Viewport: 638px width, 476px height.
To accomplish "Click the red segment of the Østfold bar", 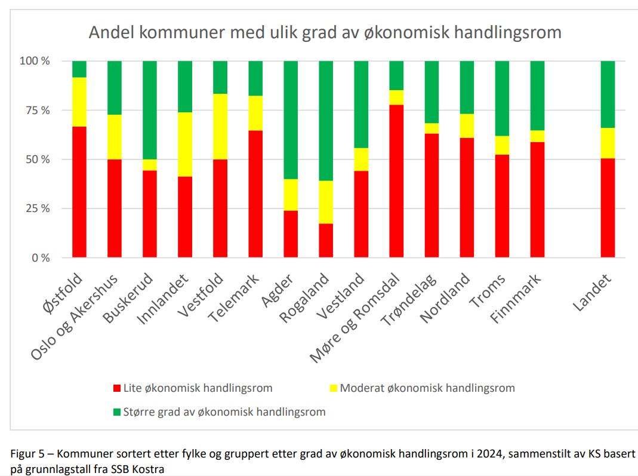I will coord(79,192).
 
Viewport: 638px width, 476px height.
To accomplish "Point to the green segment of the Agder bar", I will coord(291,119).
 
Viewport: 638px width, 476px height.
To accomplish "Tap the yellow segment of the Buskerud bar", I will coord(150,165).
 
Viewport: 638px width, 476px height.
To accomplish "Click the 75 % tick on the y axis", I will coord(36,110).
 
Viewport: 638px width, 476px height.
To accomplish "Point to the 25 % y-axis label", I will coord(36,209).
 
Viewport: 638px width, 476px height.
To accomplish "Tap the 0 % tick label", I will coord(41,258).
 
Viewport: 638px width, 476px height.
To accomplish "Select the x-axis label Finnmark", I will coord(517,298).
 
